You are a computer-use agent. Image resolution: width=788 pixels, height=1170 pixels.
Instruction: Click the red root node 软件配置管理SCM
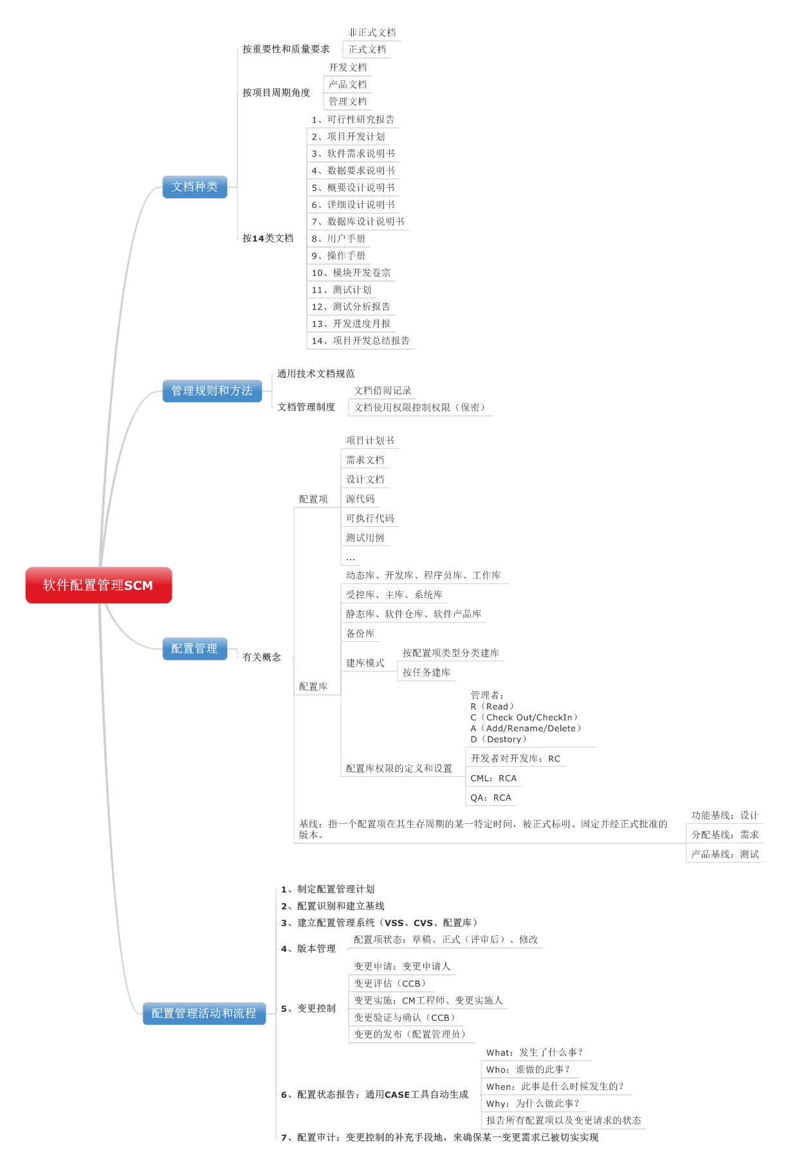coord(98,585)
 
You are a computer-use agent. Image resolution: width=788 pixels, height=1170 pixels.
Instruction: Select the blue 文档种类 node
coord(194,187)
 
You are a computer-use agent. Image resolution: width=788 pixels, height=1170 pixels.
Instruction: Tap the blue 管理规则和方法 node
coord(212,390)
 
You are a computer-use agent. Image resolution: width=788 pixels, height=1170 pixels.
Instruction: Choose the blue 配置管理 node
coord(194,648)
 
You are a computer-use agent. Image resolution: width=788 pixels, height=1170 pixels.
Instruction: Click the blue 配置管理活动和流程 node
coord(204,1013)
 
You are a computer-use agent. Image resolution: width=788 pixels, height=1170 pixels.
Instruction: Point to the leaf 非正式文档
coord(372,33)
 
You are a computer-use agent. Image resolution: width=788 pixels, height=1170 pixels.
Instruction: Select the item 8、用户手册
coord(338,239)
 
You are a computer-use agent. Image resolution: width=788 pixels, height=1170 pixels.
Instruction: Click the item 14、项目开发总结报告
coord(360,341)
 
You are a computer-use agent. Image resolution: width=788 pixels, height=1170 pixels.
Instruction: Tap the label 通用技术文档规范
coord(315,374)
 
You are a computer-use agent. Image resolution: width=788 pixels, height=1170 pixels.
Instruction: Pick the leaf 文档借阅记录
coord(383,390)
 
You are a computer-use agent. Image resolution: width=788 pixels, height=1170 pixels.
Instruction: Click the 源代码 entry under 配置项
coord(360,499)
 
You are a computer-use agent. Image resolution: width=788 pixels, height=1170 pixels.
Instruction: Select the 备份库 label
coord(360,634)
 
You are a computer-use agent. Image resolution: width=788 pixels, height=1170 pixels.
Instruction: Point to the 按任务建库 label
coord(426,672)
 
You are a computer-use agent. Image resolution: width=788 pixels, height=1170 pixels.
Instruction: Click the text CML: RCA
coord(493,778)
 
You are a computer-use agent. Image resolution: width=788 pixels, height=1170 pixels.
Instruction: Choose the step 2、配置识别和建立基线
coord(333,906)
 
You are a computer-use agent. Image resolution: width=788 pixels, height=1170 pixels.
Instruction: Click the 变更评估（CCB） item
coord(390,983)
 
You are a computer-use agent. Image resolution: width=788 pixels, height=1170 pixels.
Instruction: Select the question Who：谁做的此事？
coord(528,1070)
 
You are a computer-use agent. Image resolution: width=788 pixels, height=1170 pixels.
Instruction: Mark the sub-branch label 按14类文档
coord(268,239)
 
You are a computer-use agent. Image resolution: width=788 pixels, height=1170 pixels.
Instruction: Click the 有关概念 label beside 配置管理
coord(262,657)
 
